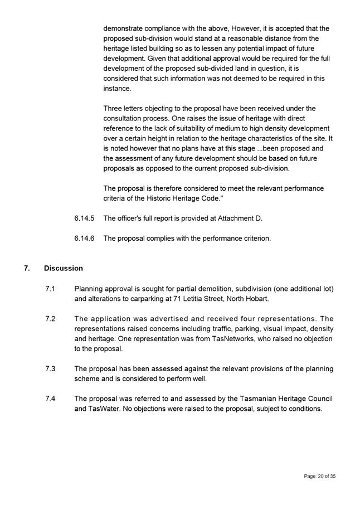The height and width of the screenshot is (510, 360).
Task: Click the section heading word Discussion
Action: (63, 268)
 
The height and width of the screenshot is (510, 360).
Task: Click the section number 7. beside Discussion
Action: (27, 268)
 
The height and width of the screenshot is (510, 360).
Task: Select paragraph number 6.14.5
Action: (84, 218)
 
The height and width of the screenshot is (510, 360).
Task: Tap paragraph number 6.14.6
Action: (84, 239)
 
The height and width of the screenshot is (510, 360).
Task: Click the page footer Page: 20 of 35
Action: (319, 477)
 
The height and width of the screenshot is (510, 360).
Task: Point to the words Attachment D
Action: (240, 218)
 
